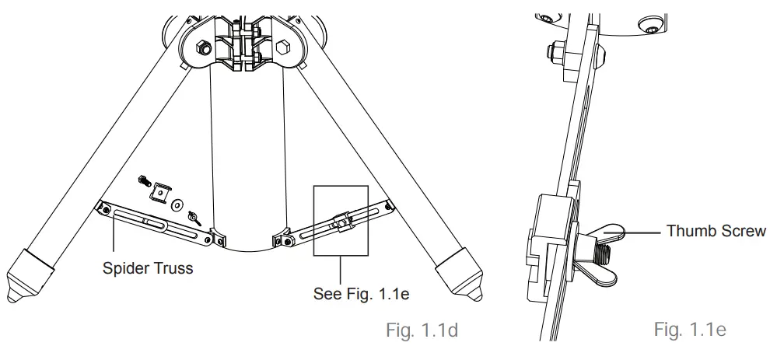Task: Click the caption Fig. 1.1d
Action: click(422, 330)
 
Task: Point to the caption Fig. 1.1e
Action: click(690, 330)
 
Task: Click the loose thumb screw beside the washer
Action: click(194, 209)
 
